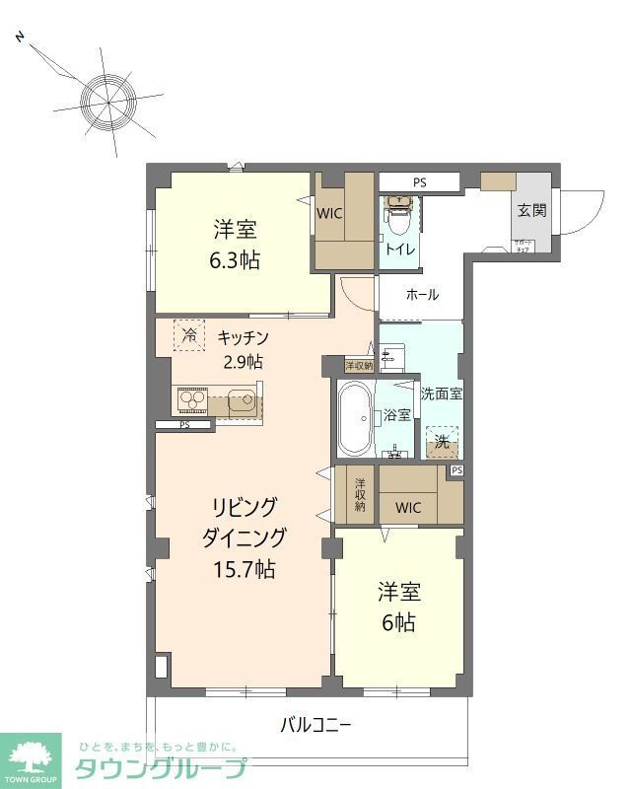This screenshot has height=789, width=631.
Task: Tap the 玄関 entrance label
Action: point(532,210)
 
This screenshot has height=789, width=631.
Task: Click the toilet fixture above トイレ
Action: point(398,212)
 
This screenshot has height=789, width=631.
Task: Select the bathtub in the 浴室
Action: point(354,417)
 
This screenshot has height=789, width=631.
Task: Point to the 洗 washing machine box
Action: point(443,443)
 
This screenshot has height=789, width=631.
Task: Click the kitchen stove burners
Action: point(191,401)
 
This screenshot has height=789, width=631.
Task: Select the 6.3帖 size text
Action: point(235,261)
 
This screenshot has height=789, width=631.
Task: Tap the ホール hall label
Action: point(422,295)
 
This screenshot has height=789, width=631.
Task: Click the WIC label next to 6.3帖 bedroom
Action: point(329,212)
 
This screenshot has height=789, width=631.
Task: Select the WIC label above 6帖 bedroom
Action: point(408,508)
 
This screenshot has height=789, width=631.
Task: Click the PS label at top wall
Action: point(420,182)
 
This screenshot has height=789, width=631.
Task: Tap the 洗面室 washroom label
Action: point(442,393)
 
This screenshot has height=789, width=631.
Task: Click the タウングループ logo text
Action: point(162,768)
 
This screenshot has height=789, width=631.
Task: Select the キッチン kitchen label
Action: point(243,337)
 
